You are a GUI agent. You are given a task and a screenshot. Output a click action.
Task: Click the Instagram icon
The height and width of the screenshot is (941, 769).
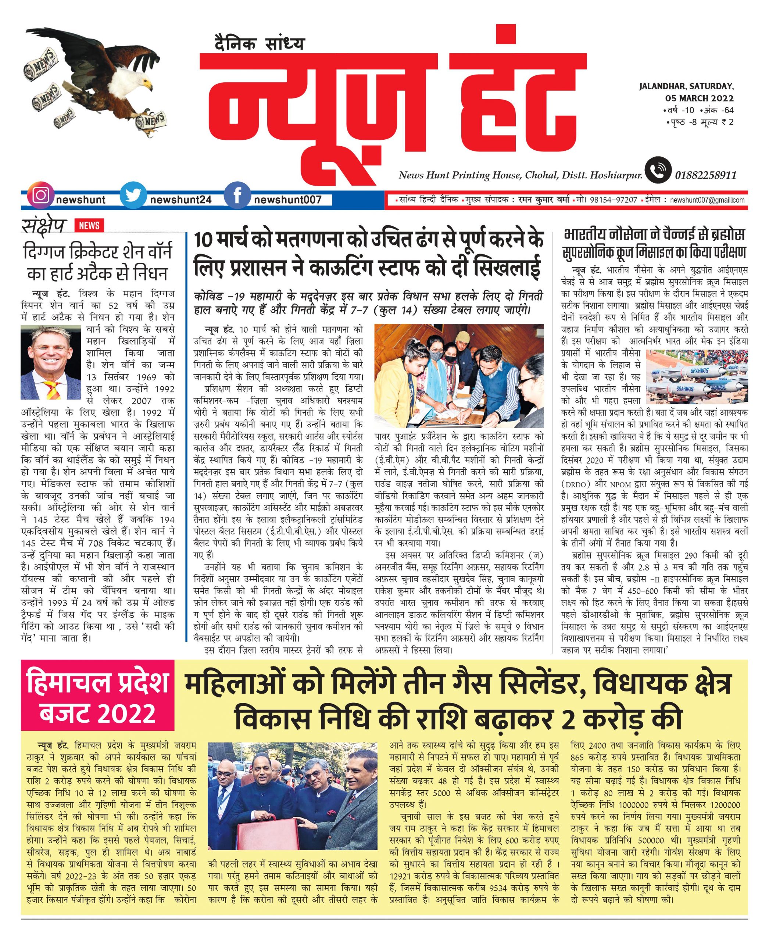[x=40, y=196]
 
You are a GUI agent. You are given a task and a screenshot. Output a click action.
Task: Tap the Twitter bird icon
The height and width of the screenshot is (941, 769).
[x=133, y=196]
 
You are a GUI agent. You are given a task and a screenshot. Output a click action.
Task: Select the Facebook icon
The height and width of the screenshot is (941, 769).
[x=237, y=196]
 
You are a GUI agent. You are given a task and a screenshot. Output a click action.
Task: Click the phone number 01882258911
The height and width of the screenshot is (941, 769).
[x=706, y=175]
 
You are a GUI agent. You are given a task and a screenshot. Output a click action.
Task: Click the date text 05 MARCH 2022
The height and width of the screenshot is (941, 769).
[x=700, y=99]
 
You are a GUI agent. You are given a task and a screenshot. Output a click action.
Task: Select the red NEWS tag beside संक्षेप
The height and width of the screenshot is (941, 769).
[x=89, y=225]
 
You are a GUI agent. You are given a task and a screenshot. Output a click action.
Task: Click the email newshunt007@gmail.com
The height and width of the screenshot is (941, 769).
[x=707, y=200]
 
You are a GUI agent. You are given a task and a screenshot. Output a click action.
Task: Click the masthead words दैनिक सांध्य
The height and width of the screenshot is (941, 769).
[x=260, y=43]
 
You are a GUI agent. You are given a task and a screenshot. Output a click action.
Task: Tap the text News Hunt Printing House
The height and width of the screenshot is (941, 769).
[x=459, y=175]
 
